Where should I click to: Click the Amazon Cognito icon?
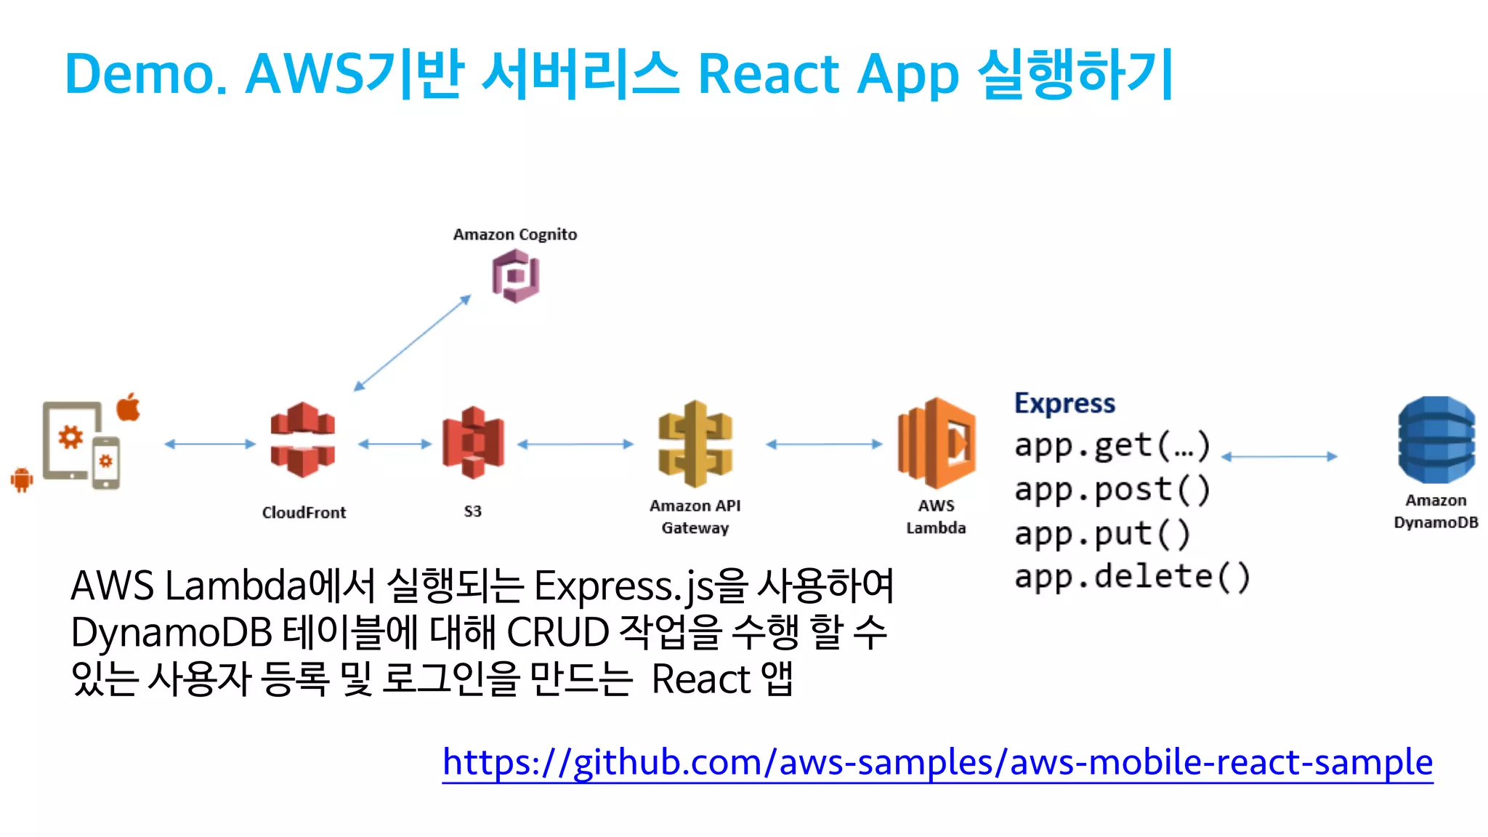(x=515, y=275)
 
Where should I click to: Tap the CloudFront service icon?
(x=302, y=440)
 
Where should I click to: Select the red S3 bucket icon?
(x=473, y=442)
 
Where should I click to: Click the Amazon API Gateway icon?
(x=695, y=443)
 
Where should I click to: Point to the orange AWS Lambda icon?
(x=937, y=442)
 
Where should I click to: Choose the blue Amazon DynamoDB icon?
(x=1436, y=440)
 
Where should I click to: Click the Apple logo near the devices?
(x=129, y=407)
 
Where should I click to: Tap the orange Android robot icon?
(x=22, y=479)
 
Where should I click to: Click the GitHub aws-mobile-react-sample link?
(x=937, y=762)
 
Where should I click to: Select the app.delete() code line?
(x=1132, y=577)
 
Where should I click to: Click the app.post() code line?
(x=1112, y=489)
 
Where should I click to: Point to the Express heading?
(x=1064, y=403)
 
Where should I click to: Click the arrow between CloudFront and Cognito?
(x=412, y=343)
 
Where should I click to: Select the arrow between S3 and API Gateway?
(x=575, y=444)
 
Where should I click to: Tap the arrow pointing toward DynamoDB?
(x=1279, y=456)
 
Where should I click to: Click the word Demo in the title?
(x=145, y=74)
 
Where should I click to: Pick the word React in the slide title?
(x=768, y=74)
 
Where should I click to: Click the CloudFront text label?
(x=304, y=512)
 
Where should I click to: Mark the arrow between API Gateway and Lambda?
(x=824, y=444)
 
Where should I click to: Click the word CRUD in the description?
(x=557, y=632)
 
